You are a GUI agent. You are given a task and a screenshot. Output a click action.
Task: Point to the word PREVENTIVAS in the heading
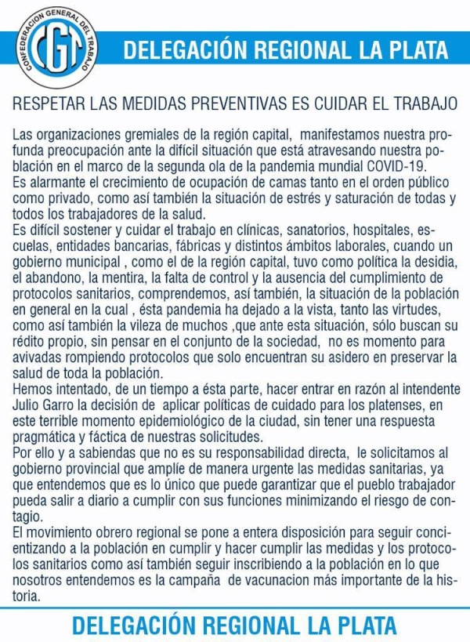pos(249,103)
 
